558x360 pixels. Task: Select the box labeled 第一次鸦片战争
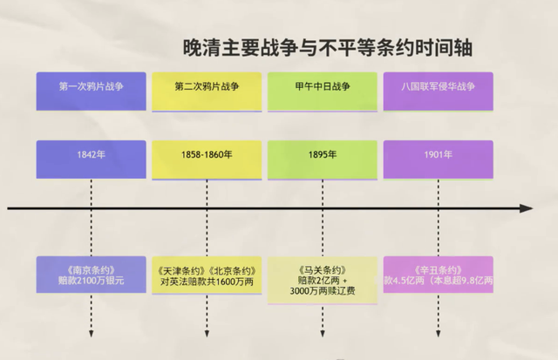click(91, 87)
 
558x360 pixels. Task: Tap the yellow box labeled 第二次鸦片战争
click(207, 87)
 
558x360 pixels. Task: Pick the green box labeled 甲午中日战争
click(323, 87)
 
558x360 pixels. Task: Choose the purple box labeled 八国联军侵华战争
click(438, 87)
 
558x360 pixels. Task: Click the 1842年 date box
click(91, 155)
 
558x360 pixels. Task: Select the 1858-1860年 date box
click(207, 155)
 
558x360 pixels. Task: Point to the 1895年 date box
click(323, 155)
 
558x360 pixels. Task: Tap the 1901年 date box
click(438, 155)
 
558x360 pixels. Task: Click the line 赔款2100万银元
click(91, 281)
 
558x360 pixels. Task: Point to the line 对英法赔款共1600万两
click(207, 281)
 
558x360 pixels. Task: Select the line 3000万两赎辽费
click(323, 294)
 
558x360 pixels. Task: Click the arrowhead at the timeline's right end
click(526, 208)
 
